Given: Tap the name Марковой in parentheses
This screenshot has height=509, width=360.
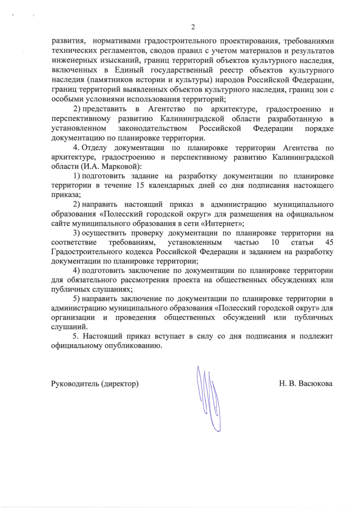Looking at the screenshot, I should coord(116,168).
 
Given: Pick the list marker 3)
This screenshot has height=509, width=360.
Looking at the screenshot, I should coord(78,232).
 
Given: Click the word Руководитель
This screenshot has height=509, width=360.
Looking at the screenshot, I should coord(75,384).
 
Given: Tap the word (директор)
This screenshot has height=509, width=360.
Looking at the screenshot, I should coord(120,384).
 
